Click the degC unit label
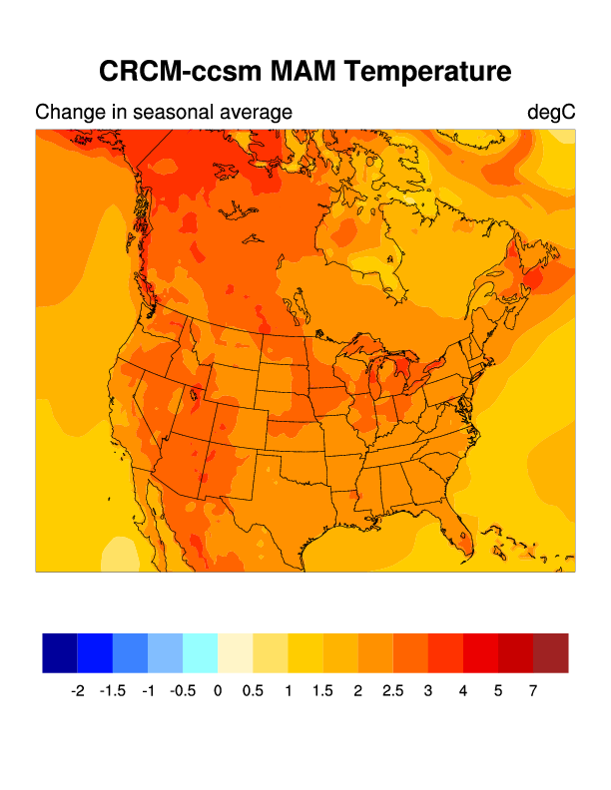tap(551, 113)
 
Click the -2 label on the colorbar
tap(78, 690)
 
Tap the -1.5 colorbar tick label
tap(113, 690)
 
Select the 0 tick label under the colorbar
tap(218, 690)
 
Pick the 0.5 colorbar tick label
tap(253, 690)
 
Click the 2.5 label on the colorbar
tap(393, 690)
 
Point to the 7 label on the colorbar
tap(533, 690)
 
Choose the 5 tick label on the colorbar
tap(498, 690)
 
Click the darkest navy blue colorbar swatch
tap(60, 653)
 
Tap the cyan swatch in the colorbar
tap(200, 653)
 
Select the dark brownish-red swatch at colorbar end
tap(550, 653)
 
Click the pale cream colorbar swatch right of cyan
tap(235, 653)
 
